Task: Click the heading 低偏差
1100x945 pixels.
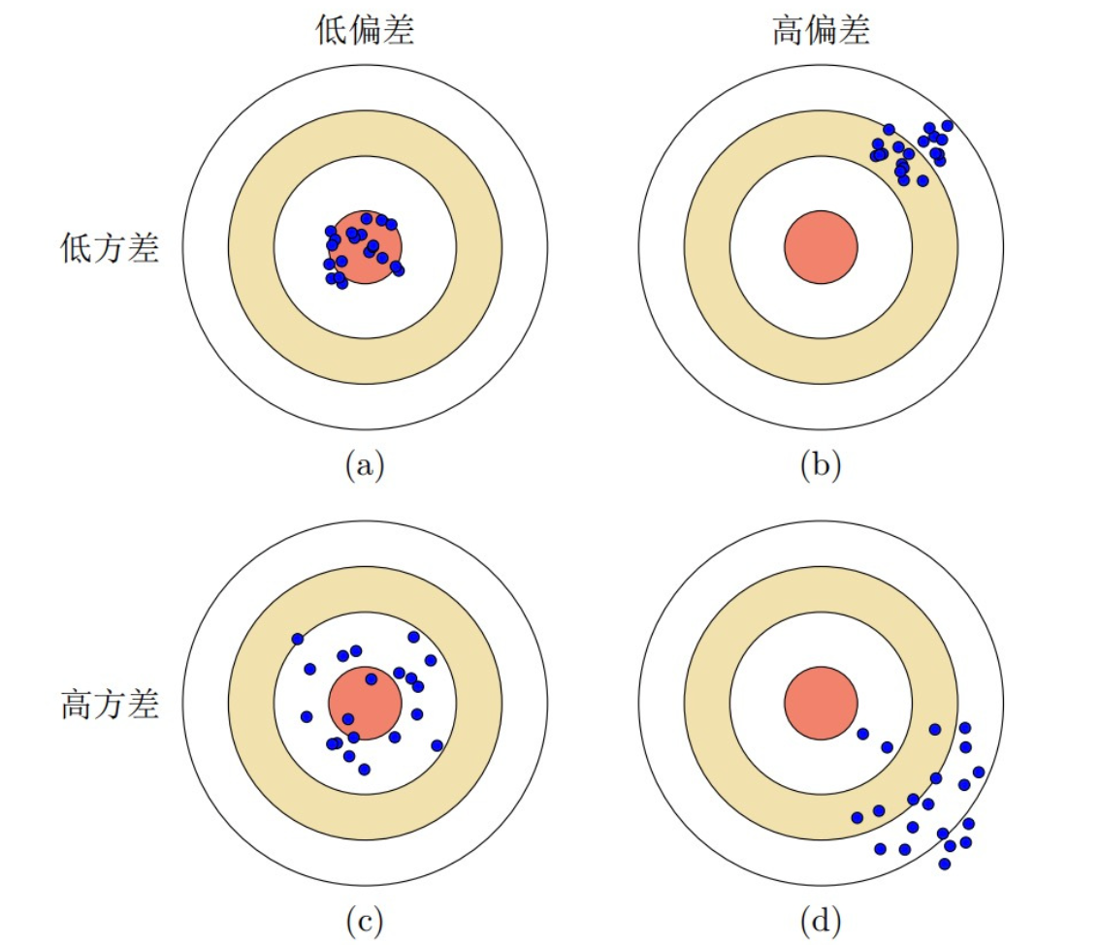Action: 365,32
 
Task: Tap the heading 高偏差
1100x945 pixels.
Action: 821,32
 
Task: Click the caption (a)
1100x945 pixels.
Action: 365,466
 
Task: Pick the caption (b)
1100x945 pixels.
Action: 821,466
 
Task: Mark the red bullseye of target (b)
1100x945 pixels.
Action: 821,248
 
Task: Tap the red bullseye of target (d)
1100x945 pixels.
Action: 821,703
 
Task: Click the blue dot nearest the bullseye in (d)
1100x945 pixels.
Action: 862,734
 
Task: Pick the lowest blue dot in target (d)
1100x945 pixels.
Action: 944,864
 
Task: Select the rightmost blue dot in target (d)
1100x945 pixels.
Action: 978,772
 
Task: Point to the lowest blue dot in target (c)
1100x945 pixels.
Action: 364,770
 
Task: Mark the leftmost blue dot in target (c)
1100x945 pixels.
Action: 297,639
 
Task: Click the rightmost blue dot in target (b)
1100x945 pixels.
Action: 947,126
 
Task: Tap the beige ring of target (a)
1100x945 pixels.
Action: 366,133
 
